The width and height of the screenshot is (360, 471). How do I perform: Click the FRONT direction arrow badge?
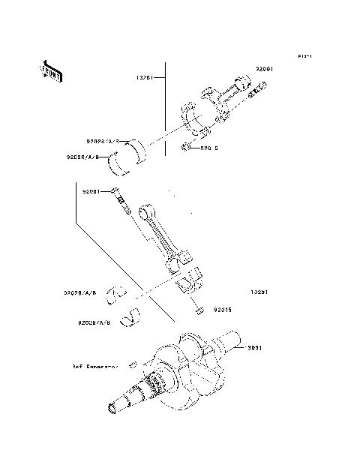pos(50,70)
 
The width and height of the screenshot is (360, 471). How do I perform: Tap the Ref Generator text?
pos(95,367)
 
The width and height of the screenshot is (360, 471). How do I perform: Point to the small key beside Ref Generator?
pos(132,364)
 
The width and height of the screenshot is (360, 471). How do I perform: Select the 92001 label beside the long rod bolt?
pos(91,191)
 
